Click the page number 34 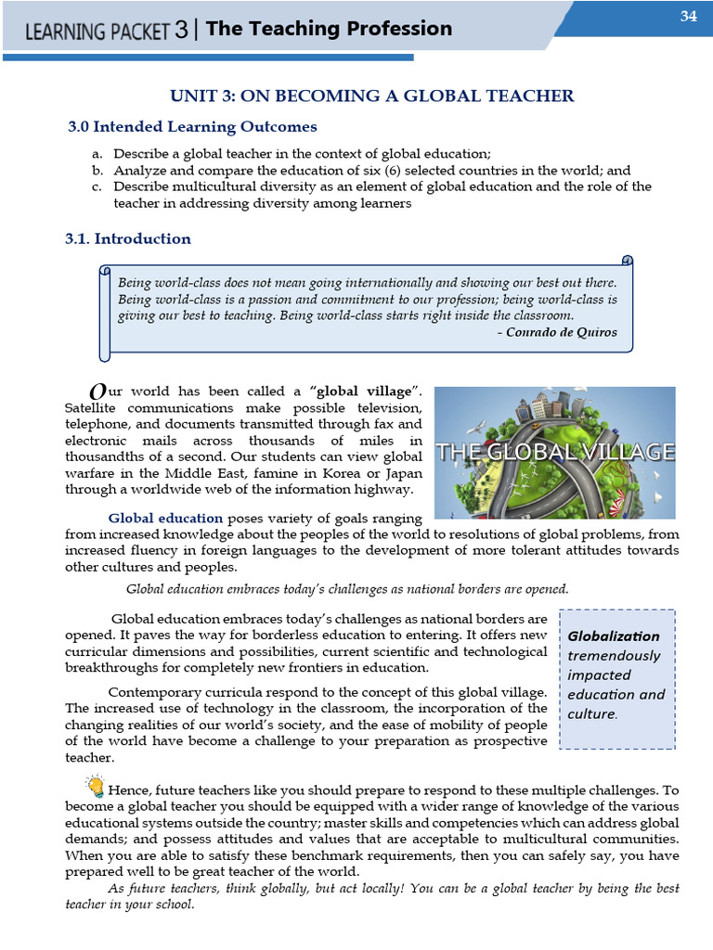point(688,16)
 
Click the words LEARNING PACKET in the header point(97,31)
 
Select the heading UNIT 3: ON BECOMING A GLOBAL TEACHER point(371,96)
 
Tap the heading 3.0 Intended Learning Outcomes point(192,126)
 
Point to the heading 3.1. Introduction point(128,238)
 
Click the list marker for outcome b point(97,171)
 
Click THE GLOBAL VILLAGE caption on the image point(555,453)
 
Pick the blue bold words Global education point(165,518)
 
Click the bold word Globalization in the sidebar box point(613,635)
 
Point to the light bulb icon point(95,787)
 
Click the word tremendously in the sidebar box point(614,655)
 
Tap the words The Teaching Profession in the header point(329,29)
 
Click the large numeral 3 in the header point(181,31)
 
